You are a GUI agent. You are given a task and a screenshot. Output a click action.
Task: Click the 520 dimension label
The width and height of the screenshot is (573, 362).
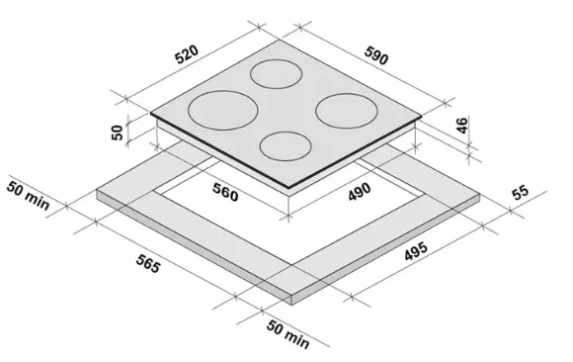[187, 54]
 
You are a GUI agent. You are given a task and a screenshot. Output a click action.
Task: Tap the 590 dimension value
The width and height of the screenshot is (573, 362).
[376, 55]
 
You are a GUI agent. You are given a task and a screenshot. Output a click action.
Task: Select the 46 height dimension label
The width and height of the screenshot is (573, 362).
[462, 126]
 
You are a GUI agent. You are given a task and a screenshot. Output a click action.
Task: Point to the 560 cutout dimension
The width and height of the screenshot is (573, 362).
[225, 192]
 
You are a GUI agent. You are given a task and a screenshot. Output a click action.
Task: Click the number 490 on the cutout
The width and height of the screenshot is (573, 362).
[360, 192]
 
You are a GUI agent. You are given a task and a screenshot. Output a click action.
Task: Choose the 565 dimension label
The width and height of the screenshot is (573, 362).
[148, 263]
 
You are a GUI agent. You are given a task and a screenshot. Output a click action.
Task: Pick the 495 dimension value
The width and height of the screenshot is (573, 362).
[416, 251]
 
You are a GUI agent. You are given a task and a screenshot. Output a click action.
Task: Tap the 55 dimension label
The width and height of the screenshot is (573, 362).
[521, 193]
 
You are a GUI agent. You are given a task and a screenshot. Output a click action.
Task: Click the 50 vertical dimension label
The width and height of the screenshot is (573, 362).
[117, 133]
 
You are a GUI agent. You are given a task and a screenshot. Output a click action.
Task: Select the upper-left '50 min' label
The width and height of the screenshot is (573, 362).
[28, 196]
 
